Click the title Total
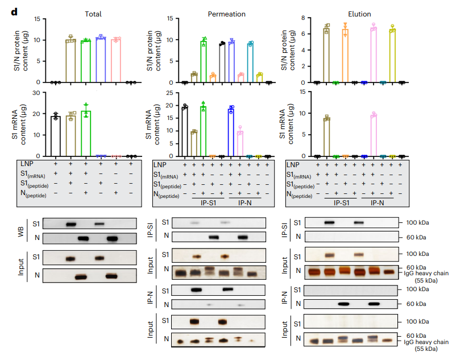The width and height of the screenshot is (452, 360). coord(93,13)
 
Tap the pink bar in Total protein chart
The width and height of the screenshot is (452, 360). coord(116,61)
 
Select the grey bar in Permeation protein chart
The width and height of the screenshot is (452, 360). coord(223,63)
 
